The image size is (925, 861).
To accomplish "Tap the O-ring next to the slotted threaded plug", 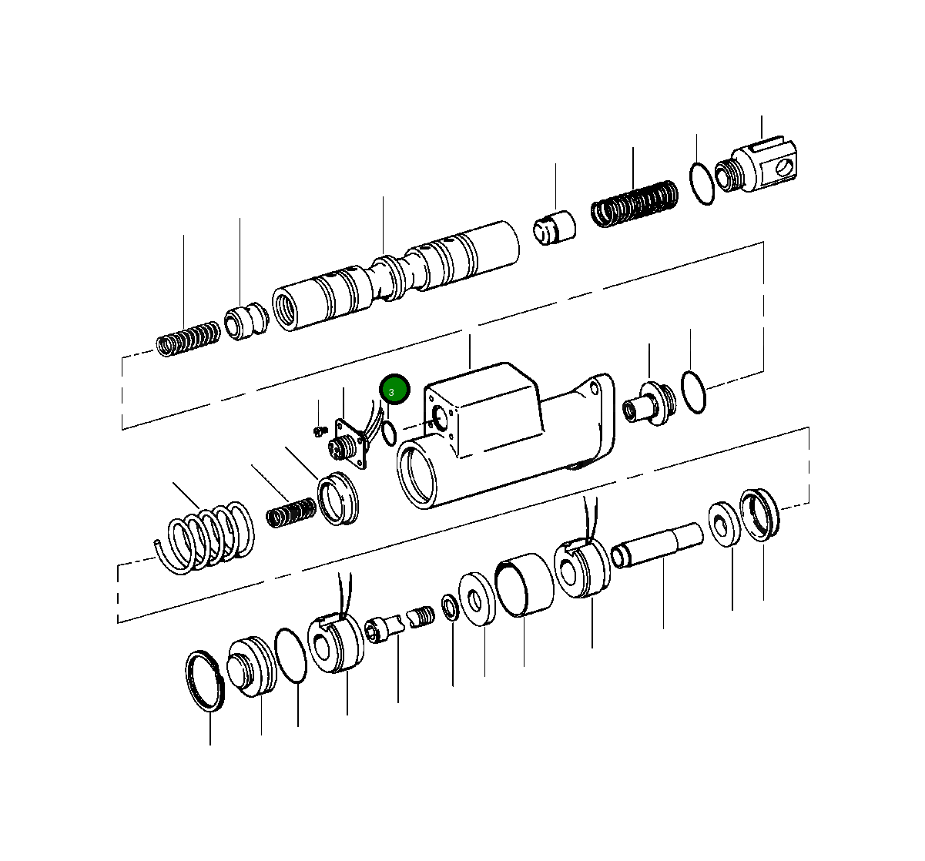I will tap(701, 185).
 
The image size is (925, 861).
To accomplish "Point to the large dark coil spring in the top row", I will tap(635, 205).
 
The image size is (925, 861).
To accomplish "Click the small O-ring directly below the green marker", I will tap(389, 434).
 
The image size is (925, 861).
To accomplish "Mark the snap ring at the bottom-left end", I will tap(206, 681).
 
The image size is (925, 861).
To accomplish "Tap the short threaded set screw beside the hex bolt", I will tap(422, 617).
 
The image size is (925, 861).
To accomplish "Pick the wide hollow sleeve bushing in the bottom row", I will tap(524, 585).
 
